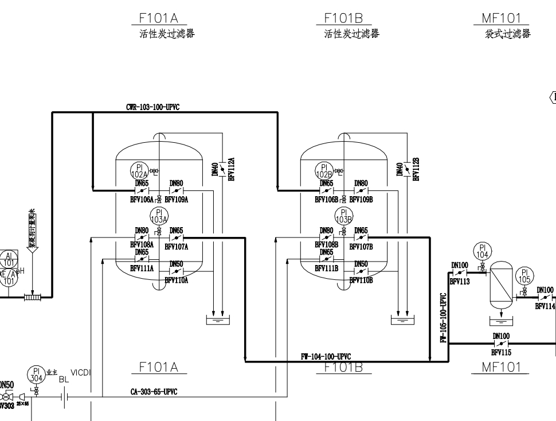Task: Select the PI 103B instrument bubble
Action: click(343, 217)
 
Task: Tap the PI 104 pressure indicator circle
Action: click(481, 251)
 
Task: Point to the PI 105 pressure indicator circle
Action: click(524, 276)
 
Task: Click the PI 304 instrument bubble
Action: click(37, 374)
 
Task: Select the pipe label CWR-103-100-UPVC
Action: click(154, 107)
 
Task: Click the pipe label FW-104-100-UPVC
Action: click(326, 357)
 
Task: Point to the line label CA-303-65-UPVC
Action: click(154, 392)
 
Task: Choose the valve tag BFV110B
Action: click(361, 280)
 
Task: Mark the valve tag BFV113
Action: click(459, 282)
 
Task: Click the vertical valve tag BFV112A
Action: click(231, 170)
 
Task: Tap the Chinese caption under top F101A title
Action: click(167, 34)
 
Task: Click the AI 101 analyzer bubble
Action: click(9, 259)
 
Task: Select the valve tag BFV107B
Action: click(361, 247)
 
